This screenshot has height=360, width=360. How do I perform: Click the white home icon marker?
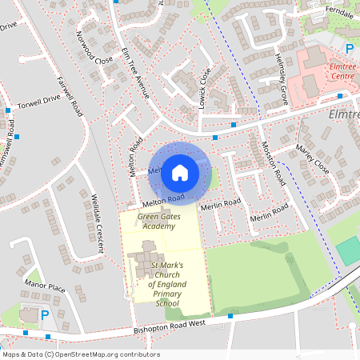pyautogui.click(x=180, y=171)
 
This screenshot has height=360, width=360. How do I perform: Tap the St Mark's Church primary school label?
pyautogui.click(x=157, y=284)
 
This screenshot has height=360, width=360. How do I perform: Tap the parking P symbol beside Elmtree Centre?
pyautogui.click(x=349, y=48)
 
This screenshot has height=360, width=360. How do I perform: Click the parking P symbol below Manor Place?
pyautogui.click(x=44, y=314)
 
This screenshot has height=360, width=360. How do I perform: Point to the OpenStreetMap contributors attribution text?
pyautogui.click(x=80, y=354)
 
